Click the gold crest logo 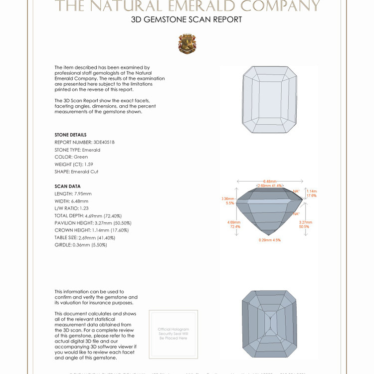(x=187, y=44)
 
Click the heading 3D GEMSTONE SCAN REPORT (x=187, y=20)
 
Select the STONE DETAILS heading (x=70, y=135)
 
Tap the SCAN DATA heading (x=67, y=187)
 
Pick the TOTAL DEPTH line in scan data (x=88, y=215)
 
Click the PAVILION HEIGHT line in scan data (x=93, y=223)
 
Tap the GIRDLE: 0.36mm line (x=81, y=245)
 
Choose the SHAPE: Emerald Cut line (x=76, y=172)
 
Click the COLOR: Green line (x=71, y=157)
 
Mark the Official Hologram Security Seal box (x=173, y=334)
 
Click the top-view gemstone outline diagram (x=269, y=100)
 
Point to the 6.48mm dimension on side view (x=269, y=181)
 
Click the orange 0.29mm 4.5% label (x=270, y=240)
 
